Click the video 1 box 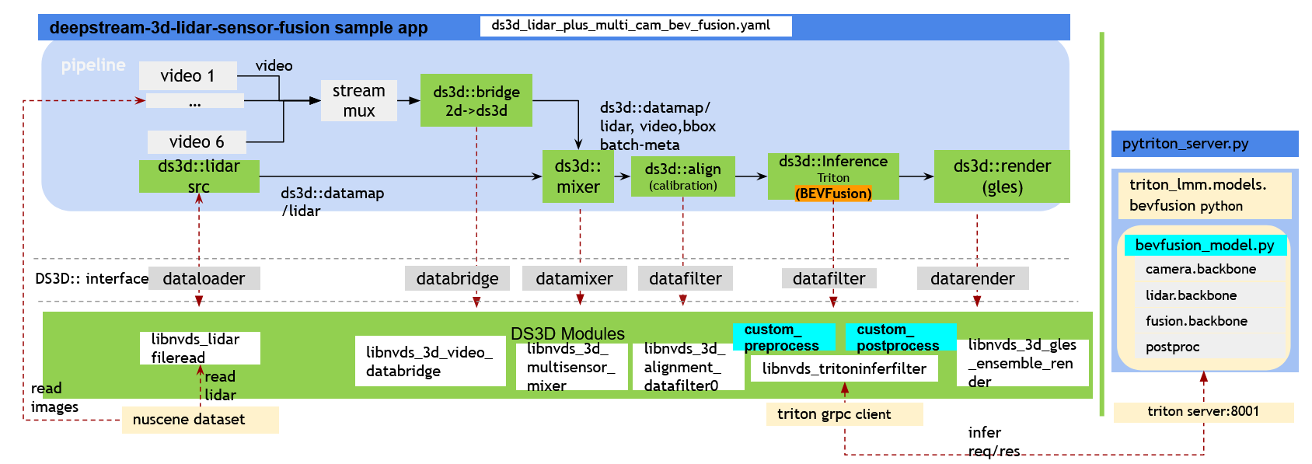tap(187, 75)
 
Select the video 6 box tap(197, 141)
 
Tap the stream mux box tap(358, 100)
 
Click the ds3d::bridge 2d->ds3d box tap(476, 100)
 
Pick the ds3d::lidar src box tap(199, 176)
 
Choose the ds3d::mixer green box tap(577, 176)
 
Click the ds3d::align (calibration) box tap(682, 176)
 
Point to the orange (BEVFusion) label tap(832, 194)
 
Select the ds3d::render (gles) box tap(1001, 176)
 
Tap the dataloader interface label tap(204, 278)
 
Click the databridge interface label tap(457, 278)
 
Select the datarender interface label tap(972, 278)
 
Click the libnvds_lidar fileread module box tap(200, 348)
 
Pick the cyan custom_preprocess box tap(783, 337)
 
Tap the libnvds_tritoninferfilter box tap(843, 368)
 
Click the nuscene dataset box tap(200, 420)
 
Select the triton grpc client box tap(844, 414)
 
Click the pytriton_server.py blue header tap(1204, 144)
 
